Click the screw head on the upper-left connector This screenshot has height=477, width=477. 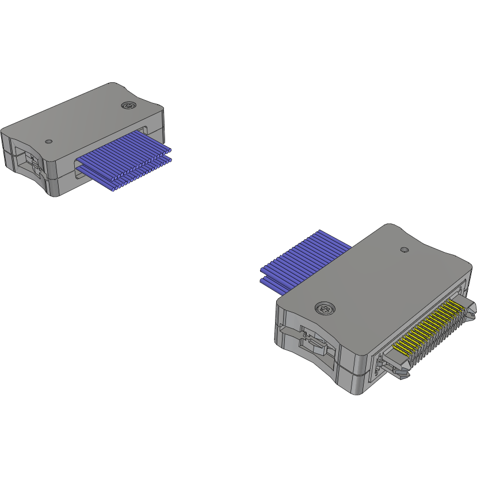(129, 105)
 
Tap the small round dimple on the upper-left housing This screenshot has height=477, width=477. (49, 141)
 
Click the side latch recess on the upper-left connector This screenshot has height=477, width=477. (29, 161)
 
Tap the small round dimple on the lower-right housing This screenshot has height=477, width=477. (404, 250)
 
